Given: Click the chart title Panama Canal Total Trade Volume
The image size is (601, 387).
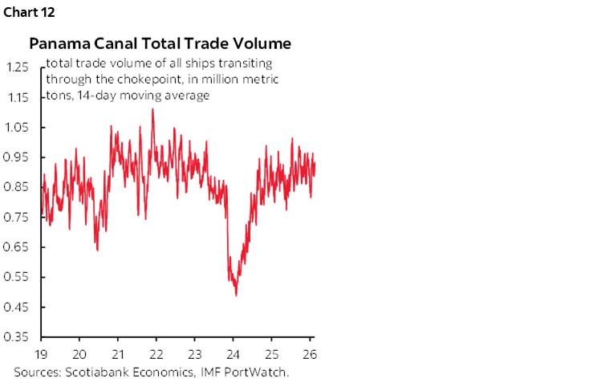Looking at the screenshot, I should [160, 43].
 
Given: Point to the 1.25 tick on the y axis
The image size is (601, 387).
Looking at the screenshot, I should [18, 67].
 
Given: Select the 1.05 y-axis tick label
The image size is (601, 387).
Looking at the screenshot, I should [18, 128].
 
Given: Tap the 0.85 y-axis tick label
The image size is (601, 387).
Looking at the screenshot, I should [18, 188].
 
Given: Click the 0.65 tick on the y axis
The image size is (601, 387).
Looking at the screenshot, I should [18, 247].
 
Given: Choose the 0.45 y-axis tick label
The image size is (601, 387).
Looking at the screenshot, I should [18, 308].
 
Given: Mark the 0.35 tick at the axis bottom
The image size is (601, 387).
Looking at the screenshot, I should [18, 337].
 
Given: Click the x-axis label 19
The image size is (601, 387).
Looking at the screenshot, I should [41, 353].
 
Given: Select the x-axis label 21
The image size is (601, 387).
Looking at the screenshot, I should [118, 353].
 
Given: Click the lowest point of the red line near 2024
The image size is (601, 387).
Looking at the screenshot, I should [236, 295].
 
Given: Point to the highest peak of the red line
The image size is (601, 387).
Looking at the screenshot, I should [152, 109].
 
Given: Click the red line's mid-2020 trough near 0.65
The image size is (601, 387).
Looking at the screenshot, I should [97, 250].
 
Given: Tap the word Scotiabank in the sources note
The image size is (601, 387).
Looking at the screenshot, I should [95, 372].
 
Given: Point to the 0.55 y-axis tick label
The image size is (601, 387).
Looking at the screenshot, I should [18, 278].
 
